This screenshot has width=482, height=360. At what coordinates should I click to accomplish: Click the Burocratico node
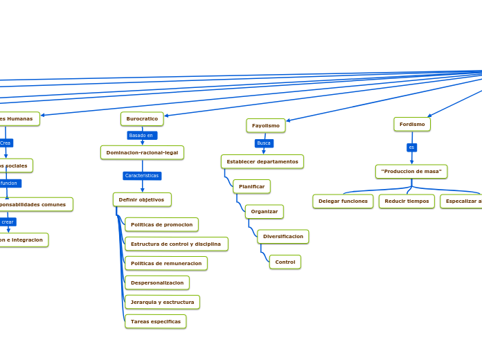coord(142,119)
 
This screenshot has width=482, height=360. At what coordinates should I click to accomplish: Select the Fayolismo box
coord(265,125)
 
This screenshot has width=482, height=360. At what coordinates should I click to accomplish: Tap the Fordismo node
coord(412,124)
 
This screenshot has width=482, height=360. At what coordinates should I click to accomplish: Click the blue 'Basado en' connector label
coord(141,136)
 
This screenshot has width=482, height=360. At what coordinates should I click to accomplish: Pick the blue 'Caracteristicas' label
coord(142,176)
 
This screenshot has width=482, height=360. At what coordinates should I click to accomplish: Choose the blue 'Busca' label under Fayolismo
coord(264,143)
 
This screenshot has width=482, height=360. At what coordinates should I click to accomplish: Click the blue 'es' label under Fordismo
coord(411,147)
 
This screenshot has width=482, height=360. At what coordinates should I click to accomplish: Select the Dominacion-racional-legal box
coord(142,152)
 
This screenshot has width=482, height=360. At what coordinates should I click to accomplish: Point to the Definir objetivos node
coord(142,199)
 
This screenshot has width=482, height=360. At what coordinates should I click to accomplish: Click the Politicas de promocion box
coord(161,224)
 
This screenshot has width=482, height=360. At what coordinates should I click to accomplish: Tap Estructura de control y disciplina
coord(176,244)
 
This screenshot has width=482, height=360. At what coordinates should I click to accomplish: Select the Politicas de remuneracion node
coord(166,263)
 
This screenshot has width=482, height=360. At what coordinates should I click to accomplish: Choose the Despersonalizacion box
coord(157,282)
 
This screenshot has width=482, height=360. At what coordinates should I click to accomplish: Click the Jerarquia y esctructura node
coord(162,302)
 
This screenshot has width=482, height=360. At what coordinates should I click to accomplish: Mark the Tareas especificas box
coord(155,321)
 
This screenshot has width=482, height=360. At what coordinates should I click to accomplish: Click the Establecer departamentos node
coord(262,161)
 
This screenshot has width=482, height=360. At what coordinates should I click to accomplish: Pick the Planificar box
coord(251,186)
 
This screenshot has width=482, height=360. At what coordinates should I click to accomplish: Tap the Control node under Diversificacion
coord(285,262)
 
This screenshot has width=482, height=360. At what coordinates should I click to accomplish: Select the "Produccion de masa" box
coord(411,171)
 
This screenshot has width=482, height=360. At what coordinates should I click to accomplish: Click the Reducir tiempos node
coord(407,201)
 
